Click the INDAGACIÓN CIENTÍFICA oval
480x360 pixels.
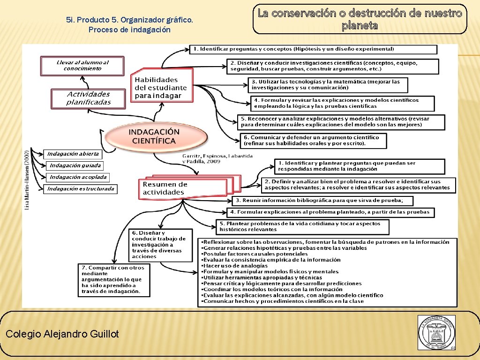155,136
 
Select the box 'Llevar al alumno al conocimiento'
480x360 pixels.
82,66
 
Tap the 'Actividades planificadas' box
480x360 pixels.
88,98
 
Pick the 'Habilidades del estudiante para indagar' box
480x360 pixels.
160,88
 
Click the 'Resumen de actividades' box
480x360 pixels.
183,188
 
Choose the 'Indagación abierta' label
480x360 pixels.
73,154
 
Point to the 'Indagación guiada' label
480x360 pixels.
75,165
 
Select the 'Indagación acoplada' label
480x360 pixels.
78,177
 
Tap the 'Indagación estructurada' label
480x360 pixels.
81,189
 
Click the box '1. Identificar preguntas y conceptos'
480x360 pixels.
313,49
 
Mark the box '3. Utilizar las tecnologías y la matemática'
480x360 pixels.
328,85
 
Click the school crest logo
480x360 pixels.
436,332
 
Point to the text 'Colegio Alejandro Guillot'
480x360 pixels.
62,334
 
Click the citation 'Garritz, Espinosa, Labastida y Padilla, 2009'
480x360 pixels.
217,158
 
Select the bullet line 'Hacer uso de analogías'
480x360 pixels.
235,266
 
